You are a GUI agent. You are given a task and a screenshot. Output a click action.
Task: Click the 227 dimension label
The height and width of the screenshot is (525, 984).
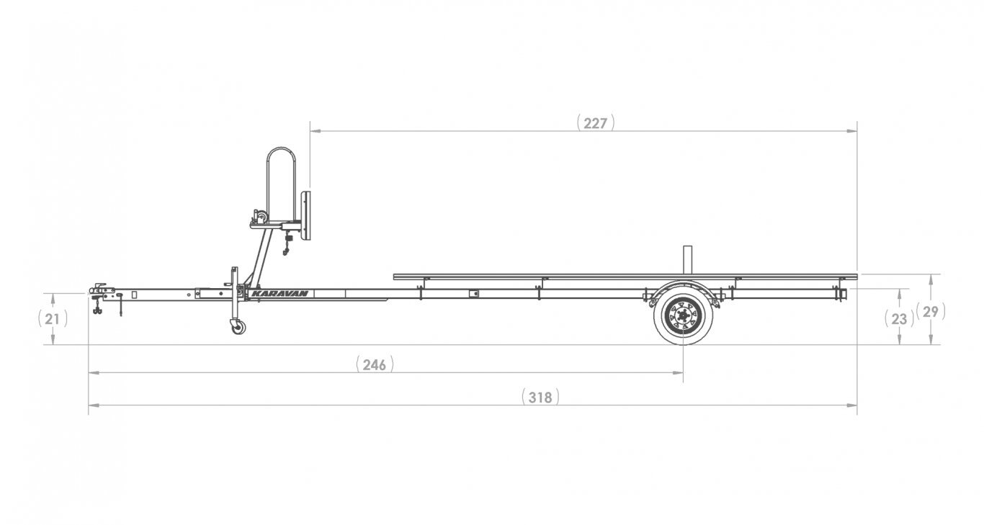pyautogui.click(x=595, y=123)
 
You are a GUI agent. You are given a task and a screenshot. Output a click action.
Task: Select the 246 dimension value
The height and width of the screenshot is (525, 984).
pyautogui.click(x=375, y=364)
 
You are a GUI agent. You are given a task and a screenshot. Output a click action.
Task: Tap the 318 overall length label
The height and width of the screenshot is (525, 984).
pyautogui.click(x=540, y=397)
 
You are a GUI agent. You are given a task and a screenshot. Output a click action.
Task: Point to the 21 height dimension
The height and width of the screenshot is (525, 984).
pyautogui.click(x=53, y=319)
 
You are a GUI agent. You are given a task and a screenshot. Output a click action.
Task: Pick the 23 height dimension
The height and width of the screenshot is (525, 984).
pyautogui.click(x=899, y=319)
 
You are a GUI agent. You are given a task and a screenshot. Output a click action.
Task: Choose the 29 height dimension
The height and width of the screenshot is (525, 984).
pyautogui.click(x=931, y=312)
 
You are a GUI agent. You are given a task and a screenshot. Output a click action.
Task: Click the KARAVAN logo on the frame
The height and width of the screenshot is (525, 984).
pyautogui.click(x=279, y=294)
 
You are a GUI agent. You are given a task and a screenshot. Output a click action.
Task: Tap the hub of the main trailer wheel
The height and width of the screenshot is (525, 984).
pyautogui.click(x=683, y=315)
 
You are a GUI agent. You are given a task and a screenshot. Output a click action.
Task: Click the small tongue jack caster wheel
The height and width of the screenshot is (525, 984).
pyautogui.click(x=238, y=327)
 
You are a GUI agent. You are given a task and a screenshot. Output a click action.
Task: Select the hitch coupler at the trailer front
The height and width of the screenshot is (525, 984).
pyautogui.click(x=101, y=290)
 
